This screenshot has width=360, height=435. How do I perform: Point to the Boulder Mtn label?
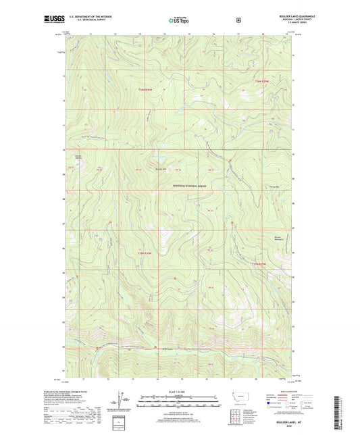click(159, 168)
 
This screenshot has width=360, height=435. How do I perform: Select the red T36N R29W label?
click(262, 81)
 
